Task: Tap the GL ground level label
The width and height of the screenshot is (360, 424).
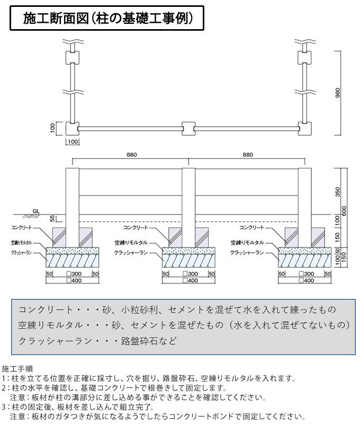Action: (35, 211)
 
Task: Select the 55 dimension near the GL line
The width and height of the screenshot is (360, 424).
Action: (52, 218)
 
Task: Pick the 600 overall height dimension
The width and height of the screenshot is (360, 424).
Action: (344, 211)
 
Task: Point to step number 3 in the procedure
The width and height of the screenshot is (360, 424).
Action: (4, 408)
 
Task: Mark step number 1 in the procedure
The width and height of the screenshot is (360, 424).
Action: (4, 378)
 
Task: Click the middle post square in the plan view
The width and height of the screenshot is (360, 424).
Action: (188, 128)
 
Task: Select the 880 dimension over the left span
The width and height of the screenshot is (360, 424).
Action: (132, 155)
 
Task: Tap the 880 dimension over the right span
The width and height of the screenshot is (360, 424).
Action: (246, 155)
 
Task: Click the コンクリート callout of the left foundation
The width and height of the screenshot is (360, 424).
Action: (22, 227)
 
